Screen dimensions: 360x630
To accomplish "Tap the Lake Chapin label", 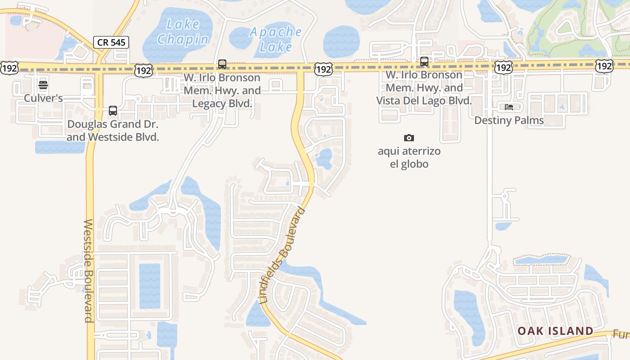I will point(183,32).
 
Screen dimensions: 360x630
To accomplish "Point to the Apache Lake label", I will point(276,39).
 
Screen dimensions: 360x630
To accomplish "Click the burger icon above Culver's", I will point(43,85).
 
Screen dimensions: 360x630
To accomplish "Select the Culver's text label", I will point(43,98).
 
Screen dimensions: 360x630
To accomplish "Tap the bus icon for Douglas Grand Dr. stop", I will point(112,111).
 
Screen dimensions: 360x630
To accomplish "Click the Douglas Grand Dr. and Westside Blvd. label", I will point(113,130).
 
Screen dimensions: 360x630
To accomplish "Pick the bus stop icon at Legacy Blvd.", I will point(222,64).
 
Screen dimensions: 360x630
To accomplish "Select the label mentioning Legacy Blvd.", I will point(222,90).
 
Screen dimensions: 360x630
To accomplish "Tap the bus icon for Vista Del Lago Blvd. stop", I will point(424,62).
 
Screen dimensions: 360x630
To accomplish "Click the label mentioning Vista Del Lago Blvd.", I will point(424,88).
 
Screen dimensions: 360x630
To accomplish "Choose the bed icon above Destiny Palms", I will point(509,107).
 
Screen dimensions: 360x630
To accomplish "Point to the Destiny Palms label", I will point(509,120).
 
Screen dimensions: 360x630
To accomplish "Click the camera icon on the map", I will point(409,138).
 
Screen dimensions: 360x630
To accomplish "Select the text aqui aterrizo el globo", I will point(409,157).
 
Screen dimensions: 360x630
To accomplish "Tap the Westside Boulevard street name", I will point(89,271).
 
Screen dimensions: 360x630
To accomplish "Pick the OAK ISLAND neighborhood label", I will point(555,331).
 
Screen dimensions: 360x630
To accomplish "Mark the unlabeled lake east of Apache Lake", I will point(341,41).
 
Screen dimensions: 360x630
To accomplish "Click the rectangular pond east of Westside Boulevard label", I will point(149,286).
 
